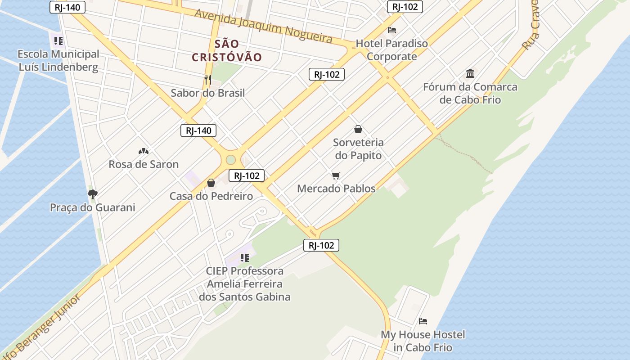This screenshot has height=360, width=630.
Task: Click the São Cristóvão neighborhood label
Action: pos(227,50)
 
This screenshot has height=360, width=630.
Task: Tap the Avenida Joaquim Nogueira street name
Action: pos(263,26)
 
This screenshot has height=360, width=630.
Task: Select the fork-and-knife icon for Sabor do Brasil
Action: pos(207,80)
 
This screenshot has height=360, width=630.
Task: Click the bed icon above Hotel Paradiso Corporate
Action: pos(392,30)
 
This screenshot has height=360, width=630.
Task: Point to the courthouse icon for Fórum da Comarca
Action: pos(470,73)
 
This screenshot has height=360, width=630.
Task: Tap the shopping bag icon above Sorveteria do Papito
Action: pos(358,129)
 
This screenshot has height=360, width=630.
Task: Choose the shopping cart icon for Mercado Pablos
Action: pos(336,175)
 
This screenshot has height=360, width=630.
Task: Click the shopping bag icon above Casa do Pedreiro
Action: pos(211,183)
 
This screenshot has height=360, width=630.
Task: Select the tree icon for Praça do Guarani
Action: pos(93,194)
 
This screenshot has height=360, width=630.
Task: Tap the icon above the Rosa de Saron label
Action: pos(144,151)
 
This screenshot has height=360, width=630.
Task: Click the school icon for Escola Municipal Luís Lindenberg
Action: pos(58,41)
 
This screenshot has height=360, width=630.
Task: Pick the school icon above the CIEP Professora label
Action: pos(245,258)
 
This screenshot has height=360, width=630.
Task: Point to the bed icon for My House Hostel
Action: pos(423,321)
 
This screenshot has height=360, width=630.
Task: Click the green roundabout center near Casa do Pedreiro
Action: pos(231,160)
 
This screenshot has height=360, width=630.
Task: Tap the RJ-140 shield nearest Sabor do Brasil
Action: pos(198,130)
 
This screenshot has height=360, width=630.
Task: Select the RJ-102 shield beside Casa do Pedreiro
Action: pos(247,175)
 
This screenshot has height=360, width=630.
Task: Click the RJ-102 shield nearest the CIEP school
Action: pos(321,245)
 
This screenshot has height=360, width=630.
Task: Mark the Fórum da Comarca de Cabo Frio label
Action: pos(470,93)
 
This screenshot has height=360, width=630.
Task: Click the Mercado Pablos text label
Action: pos(336,189)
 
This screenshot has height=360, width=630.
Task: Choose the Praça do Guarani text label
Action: pos(93,207)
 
